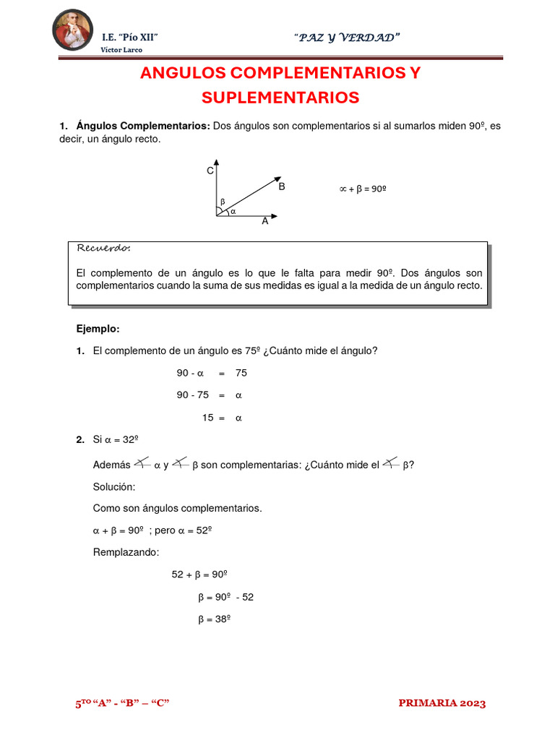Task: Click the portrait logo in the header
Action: pyautogui.click(x=73, y=30)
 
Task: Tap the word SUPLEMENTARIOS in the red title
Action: pyautogui.click(x=280, y=97)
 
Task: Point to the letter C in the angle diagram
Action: pyautogui.click(x=210, y=171)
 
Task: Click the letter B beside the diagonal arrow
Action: pyautogui.click(x=282, y=186)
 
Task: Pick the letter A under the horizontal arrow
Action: pyautogui.click(x=265, y=222)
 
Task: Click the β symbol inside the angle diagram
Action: pyautogui.click(x=223, y=201)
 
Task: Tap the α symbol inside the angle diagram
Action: pyautogui.click(x=233, y=212)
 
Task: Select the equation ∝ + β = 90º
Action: pyautogui.click(x=363, y=189)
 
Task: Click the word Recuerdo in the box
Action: pyautogui.click(x=103, y=249)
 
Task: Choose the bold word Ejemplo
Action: pyautogui.click(x=98, y=329)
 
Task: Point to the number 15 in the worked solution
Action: pyautogui.click(x=207, y=418)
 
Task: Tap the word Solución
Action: pyautogui.click(x=114, y=487)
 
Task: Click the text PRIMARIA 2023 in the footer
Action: pyautogui.click(x=442, y=703)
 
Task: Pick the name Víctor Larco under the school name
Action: pyautogui.click(x=121, y=50)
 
